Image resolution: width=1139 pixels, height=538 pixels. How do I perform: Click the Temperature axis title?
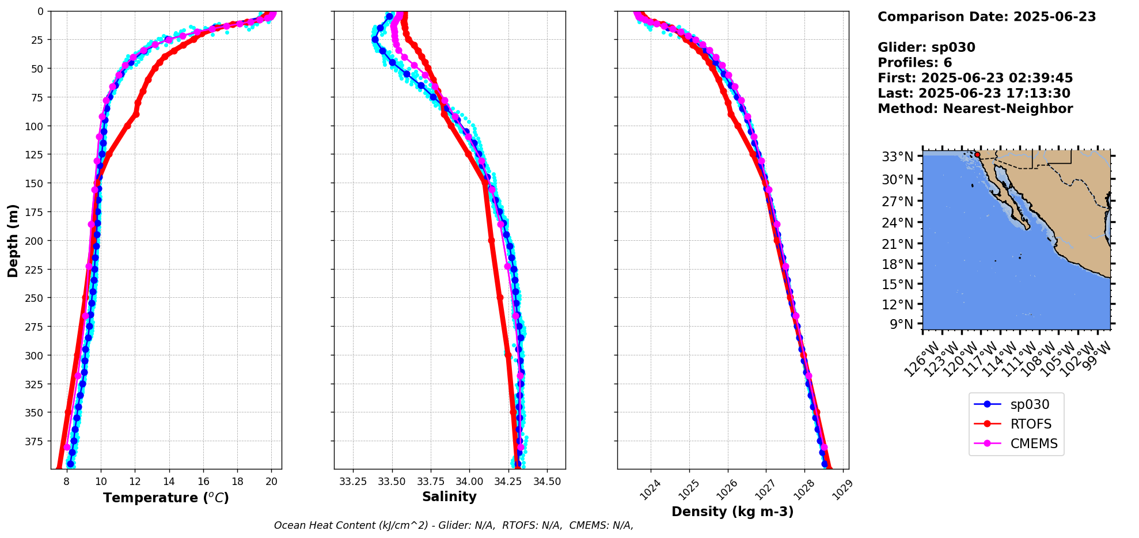pos(166,498)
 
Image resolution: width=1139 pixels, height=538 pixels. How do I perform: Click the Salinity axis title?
pos(449,497)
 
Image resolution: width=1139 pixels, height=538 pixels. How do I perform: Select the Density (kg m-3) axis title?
pos(732,512)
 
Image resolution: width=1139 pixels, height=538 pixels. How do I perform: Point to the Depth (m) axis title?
pos(13,240)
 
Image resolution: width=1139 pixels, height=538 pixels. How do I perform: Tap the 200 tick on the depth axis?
pos(36,241)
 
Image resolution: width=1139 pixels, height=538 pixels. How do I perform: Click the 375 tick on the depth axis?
pos(36,441)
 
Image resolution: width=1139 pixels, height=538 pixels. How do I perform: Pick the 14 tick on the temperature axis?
pos(169,482)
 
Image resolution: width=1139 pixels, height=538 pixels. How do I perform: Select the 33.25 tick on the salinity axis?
pos(353,482)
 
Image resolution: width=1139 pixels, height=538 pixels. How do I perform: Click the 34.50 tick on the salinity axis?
pos(546,482)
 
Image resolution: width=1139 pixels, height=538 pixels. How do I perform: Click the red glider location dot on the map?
pos(977,154)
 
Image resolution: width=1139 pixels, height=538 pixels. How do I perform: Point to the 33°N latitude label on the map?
pos(898,157)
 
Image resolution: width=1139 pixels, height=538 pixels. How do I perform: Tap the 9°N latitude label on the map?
pos(902,324)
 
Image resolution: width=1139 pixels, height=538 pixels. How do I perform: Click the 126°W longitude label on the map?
pos(920,359)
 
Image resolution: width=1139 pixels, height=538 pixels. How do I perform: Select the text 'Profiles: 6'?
pos(914,63)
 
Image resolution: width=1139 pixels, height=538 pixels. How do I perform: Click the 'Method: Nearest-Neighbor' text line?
pos(975,109)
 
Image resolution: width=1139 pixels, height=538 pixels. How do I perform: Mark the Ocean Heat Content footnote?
pos(454,525)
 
